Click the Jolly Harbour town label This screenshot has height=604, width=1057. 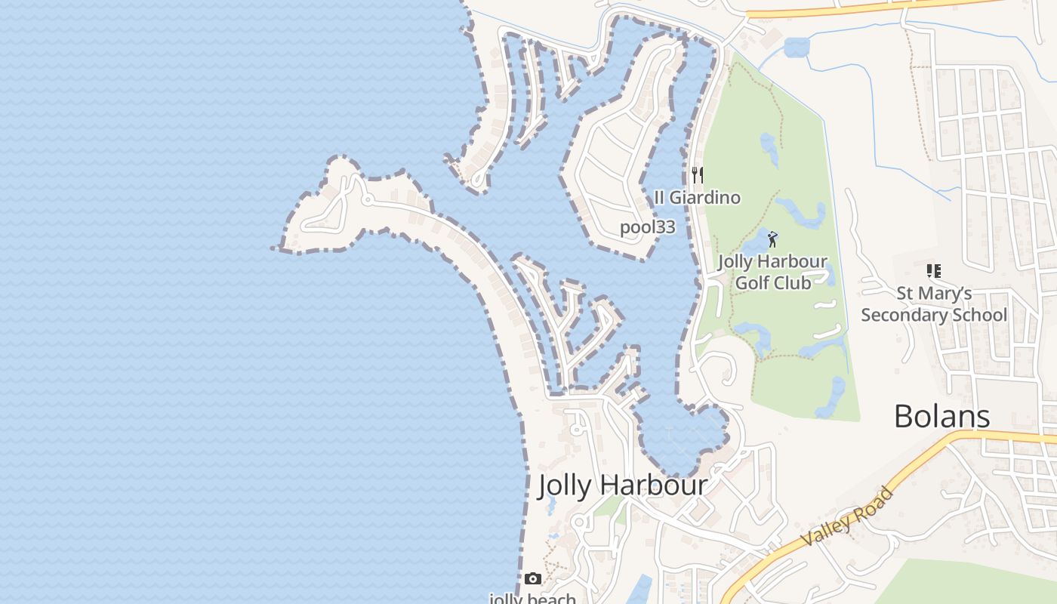[622, 485]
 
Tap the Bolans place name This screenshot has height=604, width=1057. [941, 416]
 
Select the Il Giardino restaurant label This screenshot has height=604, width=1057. [697, 198]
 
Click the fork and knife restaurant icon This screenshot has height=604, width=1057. [698, 175]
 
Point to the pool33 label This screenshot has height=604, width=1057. [647, 227]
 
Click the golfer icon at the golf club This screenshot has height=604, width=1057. [772, 241]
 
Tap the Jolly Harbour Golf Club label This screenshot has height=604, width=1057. [772, 272]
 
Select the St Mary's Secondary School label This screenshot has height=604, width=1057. [934, 304]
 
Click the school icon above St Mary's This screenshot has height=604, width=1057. [934, 270]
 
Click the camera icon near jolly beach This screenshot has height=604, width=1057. [533, 579]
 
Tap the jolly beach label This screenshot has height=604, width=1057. [532, 599]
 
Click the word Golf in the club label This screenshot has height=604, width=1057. [752, 283]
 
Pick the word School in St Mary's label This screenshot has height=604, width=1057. [981, 315]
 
